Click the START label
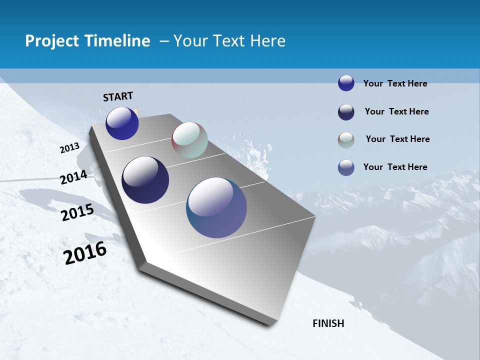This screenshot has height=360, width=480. pos(118,96)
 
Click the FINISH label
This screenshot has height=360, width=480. pos(328,323)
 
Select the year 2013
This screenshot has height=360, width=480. pos(69,148)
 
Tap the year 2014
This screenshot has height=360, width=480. pos(73,177)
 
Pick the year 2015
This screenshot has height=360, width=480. pos(77,212)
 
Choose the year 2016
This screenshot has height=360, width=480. pos(85,253)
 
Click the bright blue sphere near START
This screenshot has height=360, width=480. pos(122,123)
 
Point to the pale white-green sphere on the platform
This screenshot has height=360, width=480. pos(189,140)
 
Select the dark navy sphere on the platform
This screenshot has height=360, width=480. pos(145,180)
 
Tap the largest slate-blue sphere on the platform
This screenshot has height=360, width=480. pos(216,207)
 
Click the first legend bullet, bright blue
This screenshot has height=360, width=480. pos(346,83)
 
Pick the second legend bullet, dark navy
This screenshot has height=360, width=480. pos(346,112)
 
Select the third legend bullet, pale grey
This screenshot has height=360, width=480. pos(346,140)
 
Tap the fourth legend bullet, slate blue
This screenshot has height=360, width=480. pos(346,167)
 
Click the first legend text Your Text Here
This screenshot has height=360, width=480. pos(395,84)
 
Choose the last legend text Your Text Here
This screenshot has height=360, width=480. pos(395,167)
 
